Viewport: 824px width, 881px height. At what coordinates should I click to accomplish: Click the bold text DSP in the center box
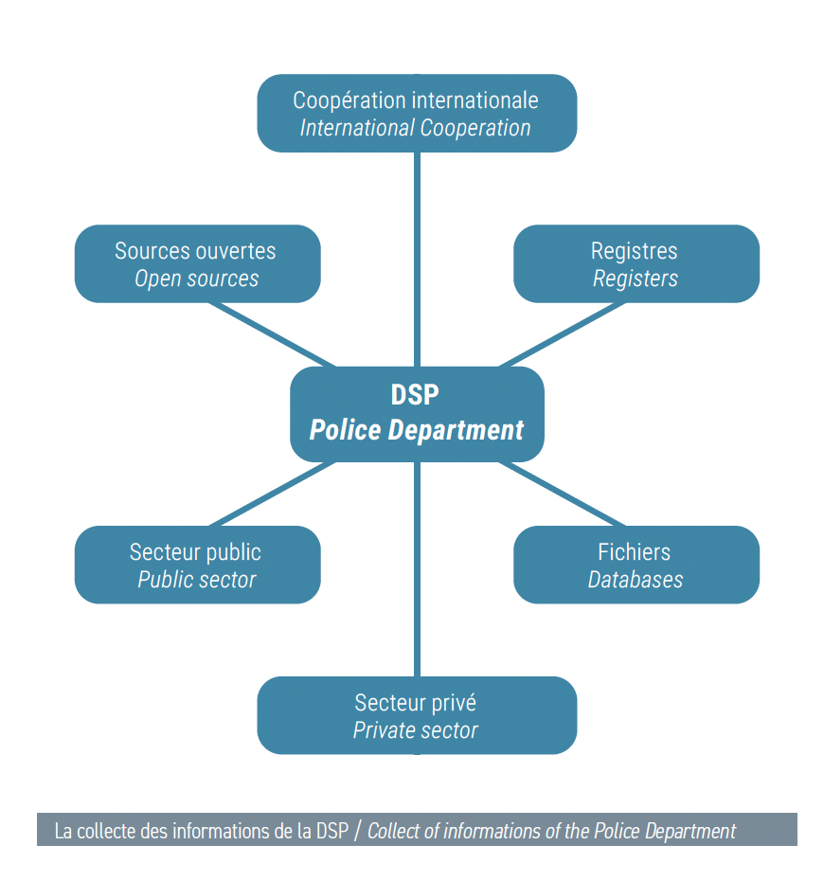click(x=415, y=394)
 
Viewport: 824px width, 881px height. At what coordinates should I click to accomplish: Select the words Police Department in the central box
click(x=416, y=430)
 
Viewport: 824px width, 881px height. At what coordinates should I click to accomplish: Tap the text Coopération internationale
click(x=416, y=100)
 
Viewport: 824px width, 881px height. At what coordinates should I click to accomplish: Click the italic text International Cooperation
click(x=415, y=128)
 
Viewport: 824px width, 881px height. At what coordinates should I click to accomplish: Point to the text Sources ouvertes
click(x=195, y=251)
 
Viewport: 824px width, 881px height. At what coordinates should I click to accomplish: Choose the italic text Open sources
click(x=197, y=279)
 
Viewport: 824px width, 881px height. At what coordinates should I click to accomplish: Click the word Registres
click(x=635, y=251)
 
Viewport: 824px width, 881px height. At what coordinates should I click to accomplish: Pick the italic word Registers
click(x=636, y=279)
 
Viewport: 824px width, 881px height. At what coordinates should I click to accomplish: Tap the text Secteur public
click(x=195, y=552)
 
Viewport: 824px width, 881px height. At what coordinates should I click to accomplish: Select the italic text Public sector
click(x=197, y=580)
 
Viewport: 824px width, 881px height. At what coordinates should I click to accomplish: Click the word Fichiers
click(x=635, y=552)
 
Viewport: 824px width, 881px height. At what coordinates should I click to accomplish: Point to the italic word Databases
click(x=636, y=580)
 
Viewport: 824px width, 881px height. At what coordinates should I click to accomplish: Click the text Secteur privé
click(x=416, y=703)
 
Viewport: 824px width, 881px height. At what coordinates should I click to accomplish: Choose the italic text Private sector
click(x=415, y=730)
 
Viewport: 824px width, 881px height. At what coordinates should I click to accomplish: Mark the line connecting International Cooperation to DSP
click(x=417, y=259)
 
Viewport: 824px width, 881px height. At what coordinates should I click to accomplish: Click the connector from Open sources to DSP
click(x=272, y=334)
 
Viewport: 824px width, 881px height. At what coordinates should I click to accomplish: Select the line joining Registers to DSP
click(x=562, y=334)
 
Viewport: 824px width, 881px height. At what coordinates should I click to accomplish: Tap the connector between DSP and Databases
click(x=562, y=494)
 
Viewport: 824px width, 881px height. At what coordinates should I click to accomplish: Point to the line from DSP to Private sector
click(x=417, y=569)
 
